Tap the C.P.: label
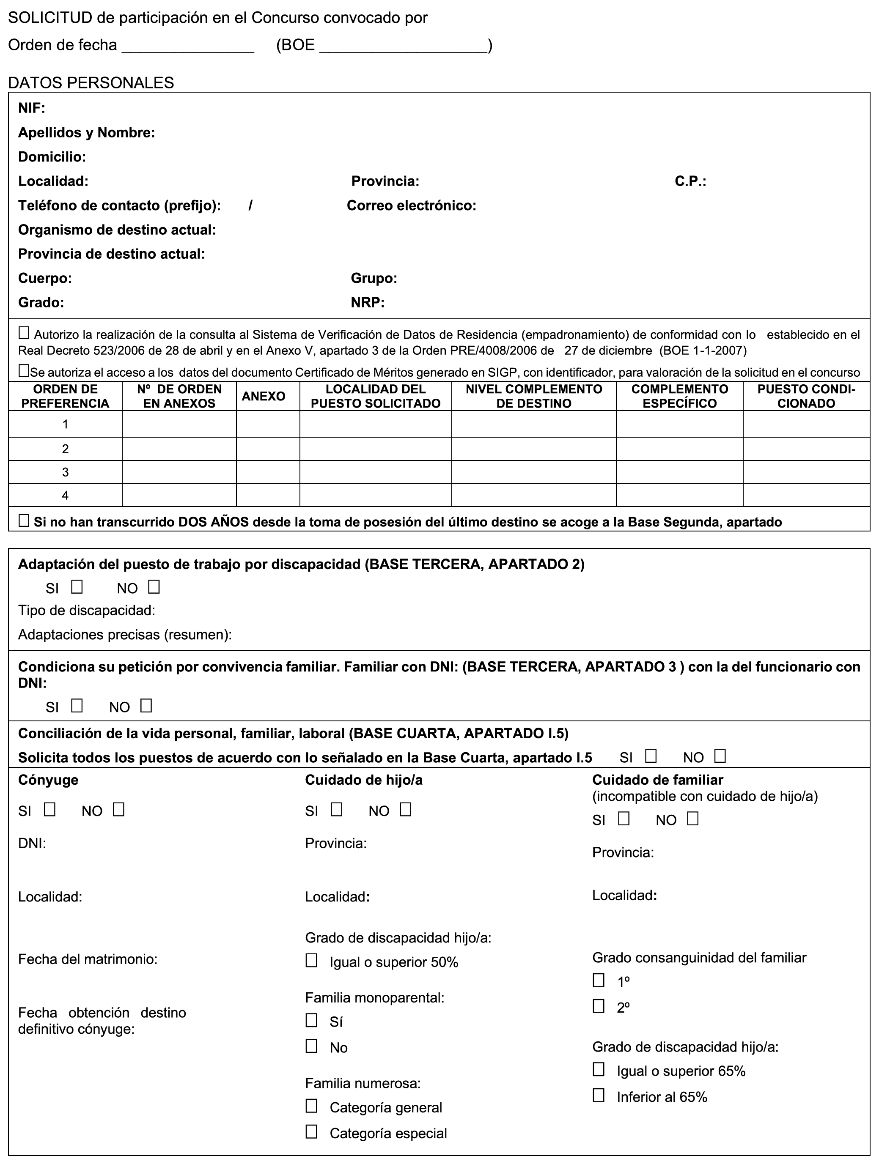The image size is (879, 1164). click(x=690, y=181)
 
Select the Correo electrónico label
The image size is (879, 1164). click(x=411, y=206)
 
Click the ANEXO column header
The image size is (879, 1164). click(x=263, y=396)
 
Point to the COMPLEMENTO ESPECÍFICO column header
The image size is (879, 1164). click(x=679, y=396)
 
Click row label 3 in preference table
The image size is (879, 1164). click(x=65, y=472)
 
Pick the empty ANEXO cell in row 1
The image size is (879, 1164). click(x=268, y=424)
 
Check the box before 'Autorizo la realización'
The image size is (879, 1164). click(x=24, y=333)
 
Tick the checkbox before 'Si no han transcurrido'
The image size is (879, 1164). click(x=24, y=521)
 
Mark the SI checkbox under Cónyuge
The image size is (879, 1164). click(x=50, y=809)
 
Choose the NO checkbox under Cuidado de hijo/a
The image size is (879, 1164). click(x=405, y=809)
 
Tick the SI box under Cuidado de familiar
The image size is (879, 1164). click(x=624, y=819)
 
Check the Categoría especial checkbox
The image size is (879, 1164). click(x=312, y=1131)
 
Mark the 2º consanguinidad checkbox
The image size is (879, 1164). click(x=599, y=1006)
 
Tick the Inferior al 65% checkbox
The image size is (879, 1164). click(x=599, y=1096)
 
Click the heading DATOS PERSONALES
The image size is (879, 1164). click(x=91, y=82)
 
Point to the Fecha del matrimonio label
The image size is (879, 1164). click(x=88, y=959)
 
